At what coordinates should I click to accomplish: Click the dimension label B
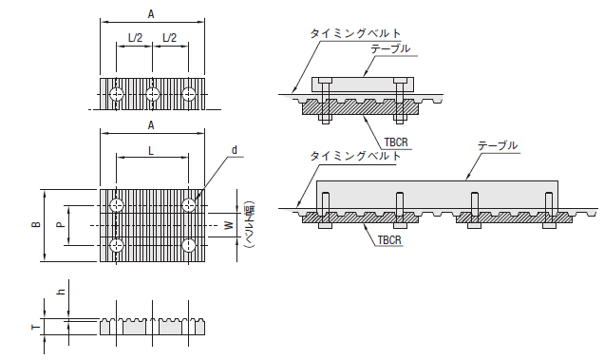37,225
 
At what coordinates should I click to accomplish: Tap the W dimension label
229,225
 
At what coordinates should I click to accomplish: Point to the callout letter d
235,150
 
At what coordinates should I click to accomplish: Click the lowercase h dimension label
61,292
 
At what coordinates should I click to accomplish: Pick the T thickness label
36,328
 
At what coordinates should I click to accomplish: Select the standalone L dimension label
151,151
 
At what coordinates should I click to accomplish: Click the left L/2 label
135,38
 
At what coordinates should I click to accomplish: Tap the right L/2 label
169,38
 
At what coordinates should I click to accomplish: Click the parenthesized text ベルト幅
249,225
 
